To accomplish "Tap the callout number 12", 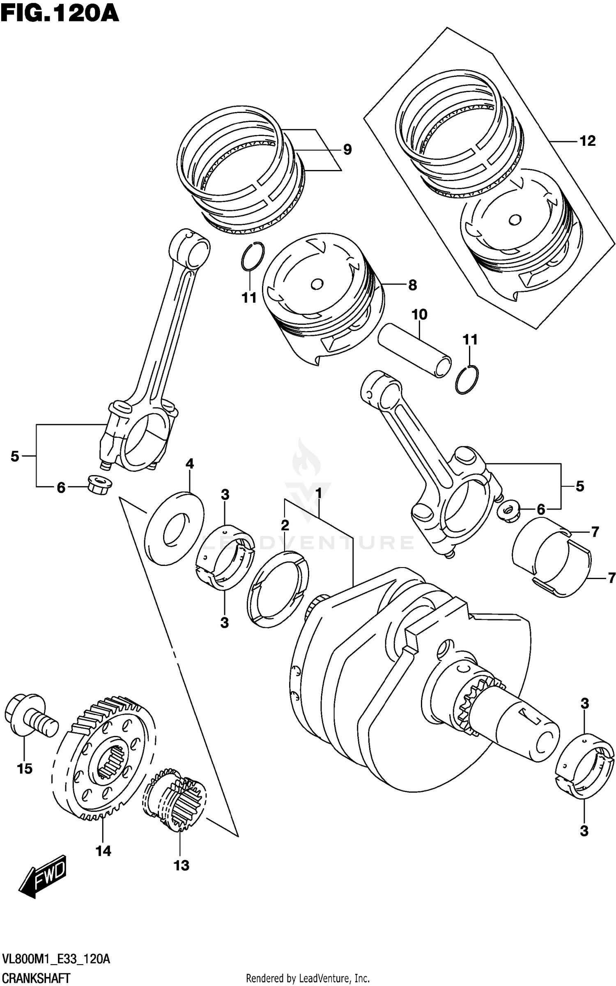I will pyautogui.click(x=587, y=141).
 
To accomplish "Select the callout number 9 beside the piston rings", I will pyautogui.click(x=347, y=150).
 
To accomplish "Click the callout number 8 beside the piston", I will pyautogui.click(x=412, y=285).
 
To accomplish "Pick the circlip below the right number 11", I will pyautogui.click(x=467, y=380).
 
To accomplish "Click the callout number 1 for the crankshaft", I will pyautogui.click(x=318, y=493).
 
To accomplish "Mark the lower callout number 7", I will pyautogui.click(x=611, y=578).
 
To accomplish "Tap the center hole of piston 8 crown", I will pyautogui.click(x=317, y=284).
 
